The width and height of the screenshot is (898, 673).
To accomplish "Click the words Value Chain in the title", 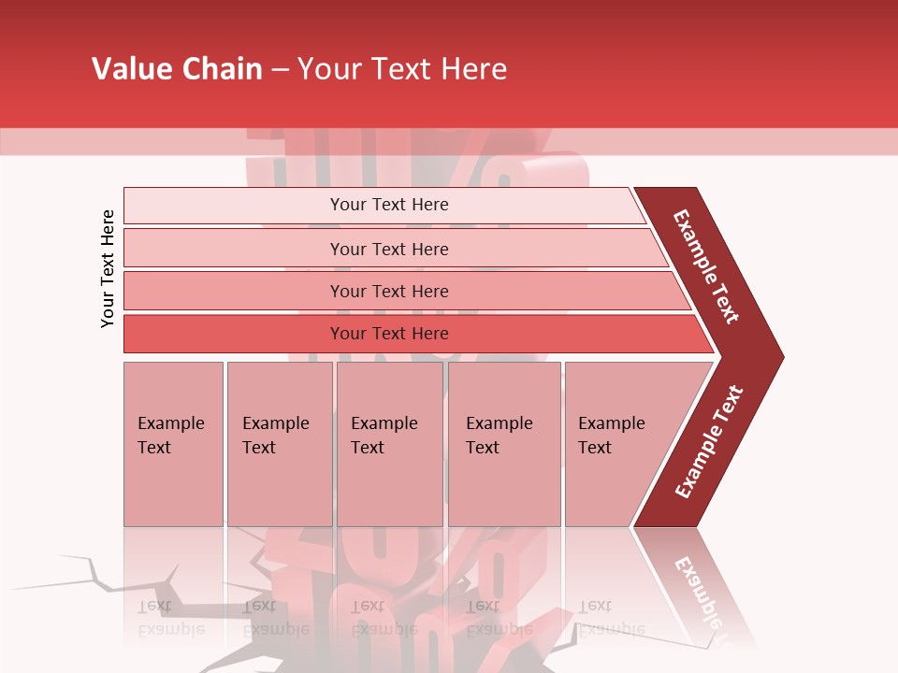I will (x=177, y=69).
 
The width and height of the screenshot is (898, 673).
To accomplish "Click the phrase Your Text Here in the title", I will (x=402, y=69).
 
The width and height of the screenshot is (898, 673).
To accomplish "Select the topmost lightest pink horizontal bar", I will (x=234, y=206).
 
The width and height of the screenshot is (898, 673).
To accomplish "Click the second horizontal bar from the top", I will (x=234, y=249).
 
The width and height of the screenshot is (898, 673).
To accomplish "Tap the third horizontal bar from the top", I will (x=234, y=291).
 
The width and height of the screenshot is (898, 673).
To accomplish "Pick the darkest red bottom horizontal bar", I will (x=234, y=334).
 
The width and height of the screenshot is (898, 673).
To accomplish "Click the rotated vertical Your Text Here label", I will (x=108, y=269).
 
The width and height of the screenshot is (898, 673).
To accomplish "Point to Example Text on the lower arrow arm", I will (x=709, y=442).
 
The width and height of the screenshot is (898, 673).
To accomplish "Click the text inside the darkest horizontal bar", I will (x=389, y=334).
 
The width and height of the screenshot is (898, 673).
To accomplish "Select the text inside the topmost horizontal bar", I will (x=389, y=205).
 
